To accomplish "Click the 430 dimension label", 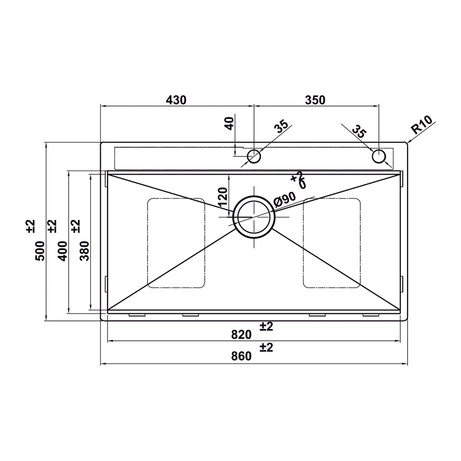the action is [x=176, y=100].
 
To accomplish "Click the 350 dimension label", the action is [x=315, y=100].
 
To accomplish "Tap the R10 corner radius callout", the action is [x=422, y=124].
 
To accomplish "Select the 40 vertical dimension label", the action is [x=230, y=124].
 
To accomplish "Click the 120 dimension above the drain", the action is [x=223, y=197].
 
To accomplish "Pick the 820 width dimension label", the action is [x=242, y=335].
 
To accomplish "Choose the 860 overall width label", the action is [x=242, y=356].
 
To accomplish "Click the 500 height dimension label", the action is [x=40, y=251].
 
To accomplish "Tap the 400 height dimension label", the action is [x=62, y=251].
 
